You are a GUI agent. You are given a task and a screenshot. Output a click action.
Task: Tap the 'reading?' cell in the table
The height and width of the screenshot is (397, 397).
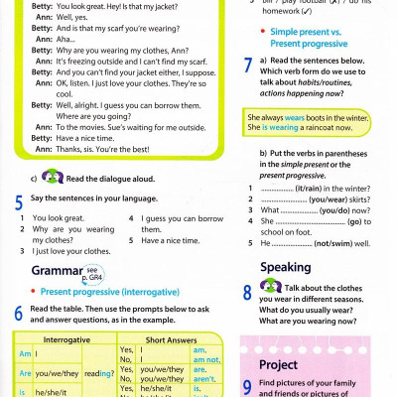(x=97, y=373)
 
